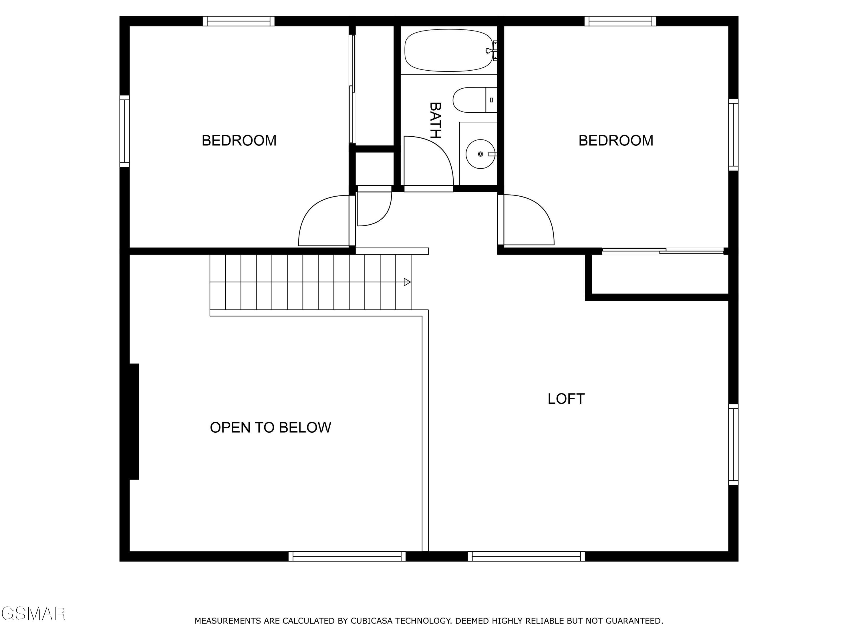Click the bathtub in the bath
(448, 50)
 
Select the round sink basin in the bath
(480, 154)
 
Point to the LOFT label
(566, 399)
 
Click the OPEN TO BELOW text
(270, 428)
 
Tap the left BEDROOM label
(239, 140)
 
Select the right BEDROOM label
(615, 140)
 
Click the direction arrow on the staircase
(407, 282)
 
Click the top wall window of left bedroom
(239, 21)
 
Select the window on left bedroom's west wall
(124, 131)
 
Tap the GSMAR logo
(33, 614)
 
